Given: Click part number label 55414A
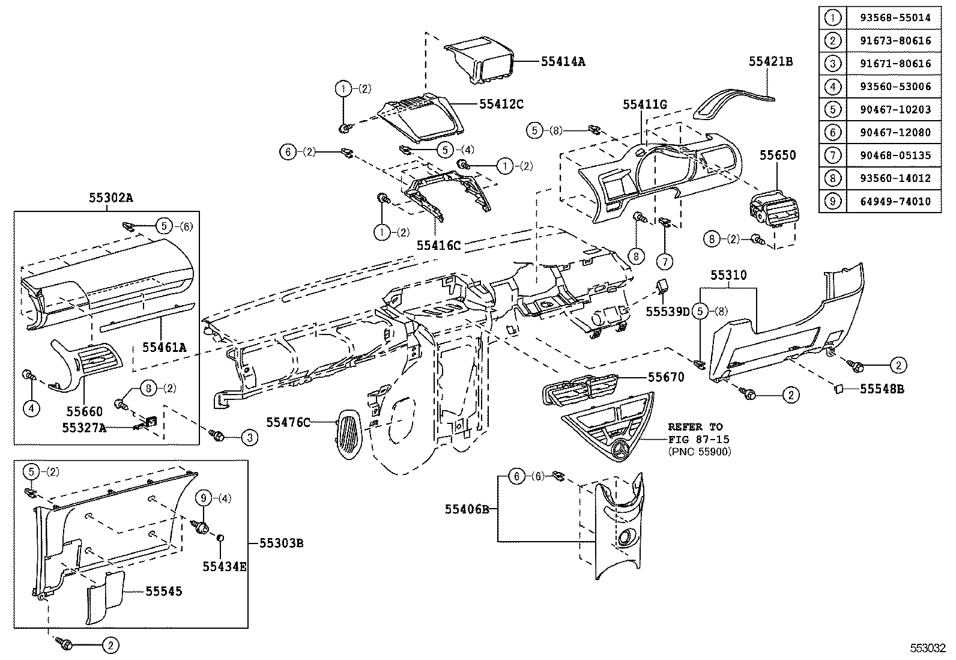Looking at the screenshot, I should [x=563, y=61].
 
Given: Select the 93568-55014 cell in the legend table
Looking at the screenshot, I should [x=894, y=17].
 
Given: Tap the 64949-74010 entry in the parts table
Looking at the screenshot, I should [x=894, y=201].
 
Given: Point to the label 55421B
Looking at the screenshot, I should [x=770, y=61].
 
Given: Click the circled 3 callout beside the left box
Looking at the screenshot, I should [x=250, y=438].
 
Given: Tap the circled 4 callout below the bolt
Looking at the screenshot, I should [x=31, y=409].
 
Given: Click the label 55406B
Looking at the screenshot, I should [x=467, y=509].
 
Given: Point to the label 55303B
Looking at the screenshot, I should [x=281, y=543].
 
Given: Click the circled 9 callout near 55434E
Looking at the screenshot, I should [x=204, y=498].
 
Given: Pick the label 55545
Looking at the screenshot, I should [x=163, y=592].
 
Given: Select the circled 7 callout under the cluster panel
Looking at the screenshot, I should [x=665, y=261].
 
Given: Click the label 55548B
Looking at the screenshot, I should [x=882, y=389].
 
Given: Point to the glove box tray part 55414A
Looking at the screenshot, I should [x=480, y=60].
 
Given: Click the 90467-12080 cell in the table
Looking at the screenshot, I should [x=894, y=132].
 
